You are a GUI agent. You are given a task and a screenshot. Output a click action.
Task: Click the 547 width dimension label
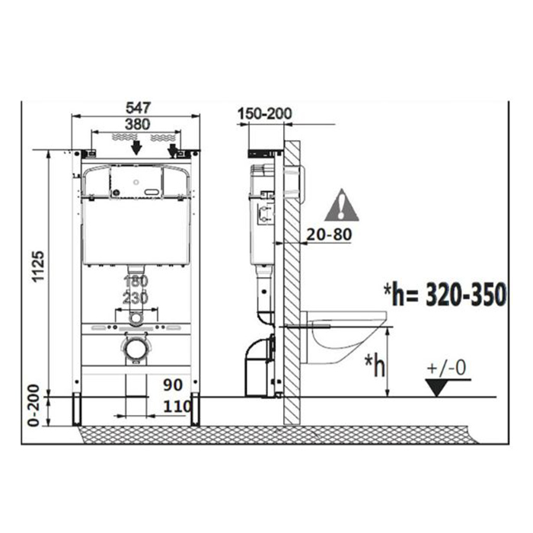[x=138, y=108]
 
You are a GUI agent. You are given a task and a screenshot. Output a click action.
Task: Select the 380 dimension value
[x=137, y=124]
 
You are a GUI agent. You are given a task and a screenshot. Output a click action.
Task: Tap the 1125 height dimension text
[x=38, y=266]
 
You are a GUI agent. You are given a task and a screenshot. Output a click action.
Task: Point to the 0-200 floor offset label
[x=34, y=405]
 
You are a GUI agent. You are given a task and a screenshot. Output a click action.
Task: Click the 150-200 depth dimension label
[x=265, y=113]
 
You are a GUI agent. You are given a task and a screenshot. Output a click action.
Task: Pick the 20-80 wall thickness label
[x=329, y=235]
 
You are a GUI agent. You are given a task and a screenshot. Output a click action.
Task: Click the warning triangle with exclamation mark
[x=342, y=206]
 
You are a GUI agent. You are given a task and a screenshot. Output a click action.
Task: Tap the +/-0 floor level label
[x=446, y=368]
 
